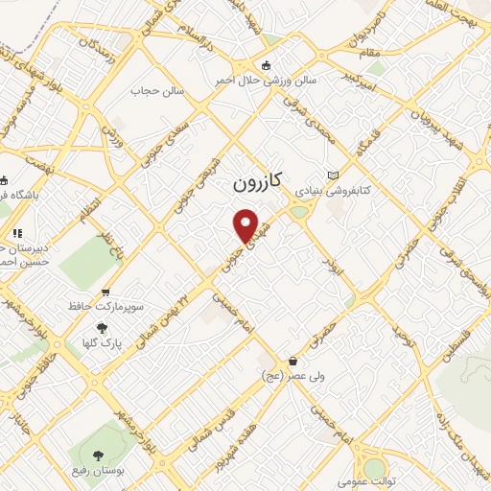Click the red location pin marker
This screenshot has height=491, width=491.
point(246,225)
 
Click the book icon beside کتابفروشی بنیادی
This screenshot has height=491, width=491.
point(333,175)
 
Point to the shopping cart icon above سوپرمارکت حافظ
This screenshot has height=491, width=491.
point(105,292)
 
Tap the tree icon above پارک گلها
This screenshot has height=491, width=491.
point(102,328)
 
